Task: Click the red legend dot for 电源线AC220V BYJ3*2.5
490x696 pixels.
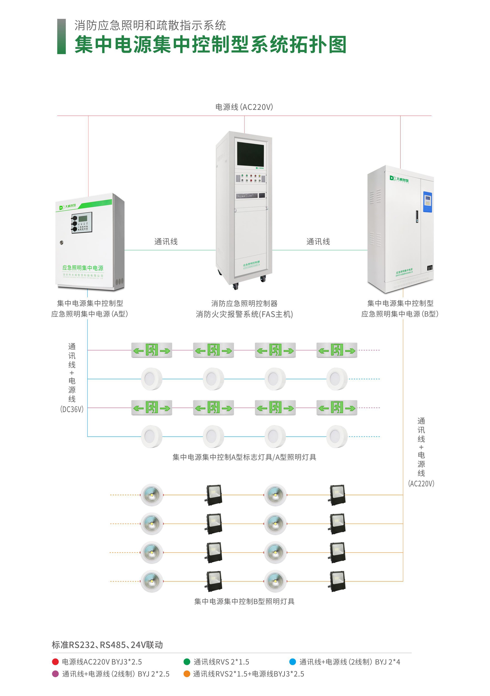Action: click(55, 662)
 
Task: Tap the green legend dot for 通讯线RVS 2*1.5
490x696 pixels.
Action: click(187, 662)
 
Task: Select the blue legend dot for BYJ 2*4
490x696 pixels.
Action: click(292, 662)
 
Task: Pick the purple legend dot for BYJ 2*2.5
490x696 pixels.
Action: click(55, 674)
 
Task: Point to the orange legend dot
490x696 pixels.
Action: click(187, 674)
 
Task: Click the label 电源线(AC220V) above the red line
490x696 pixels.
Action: click(244, 107)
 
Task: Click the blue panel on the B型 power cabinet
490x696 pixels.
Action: click(427, 202)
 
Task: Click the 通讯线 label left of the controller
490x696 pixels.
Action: click(166, 242)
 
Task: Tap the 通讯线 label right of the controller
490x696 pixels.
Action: click(318, 242)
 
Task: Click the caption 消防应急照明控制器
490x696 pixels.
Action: click(244, 303)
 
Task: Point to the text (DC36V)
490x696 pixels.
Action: click(72, 410)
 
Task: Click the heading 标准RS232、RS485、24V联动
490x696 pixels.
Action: click(107, 645)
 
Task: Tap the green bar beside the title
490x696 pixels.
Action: click(62, 36)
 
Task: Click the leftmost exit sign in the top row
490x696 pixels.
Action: click(151, 350)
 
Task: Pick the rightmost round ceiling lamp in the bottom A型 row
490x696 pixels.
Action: click(337, 437)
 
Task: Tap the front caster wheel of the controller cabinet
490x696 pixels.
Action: click(235, 286)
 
